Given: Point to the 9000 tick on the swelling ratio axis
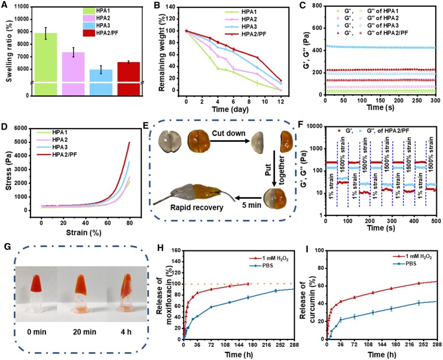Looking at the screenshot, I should pyautogui.click(x=19, y=35).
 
